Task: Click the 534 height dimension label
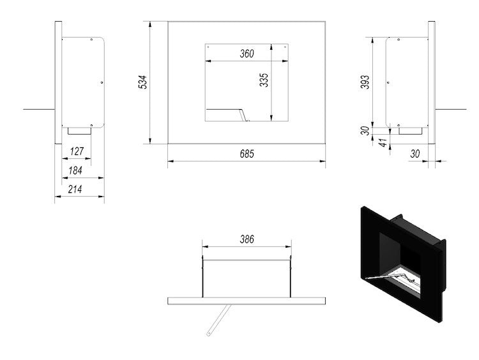coord(142,82)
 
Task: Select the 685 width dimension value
coord(247,154)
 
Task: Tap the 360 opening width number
coord(247,54)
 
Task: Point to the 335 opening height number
coord(264,80)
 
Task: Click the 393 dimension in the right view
coord(365,82)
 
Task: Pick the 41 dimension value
coord(383,142)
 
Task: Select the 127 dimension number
coord(77,151)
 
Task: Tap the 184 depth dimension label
coord(75,170)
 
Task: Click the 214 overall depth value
coord(75,190)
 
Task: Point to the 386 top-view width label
coord(247,239)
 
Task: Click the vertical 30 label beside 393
coord(365,131)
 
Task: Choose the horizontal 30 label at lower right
coord(415,154)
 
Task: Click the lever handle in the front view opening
coord(227,114)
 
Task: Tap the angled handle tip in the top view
coord(209,334)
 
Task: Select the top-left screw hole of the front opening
coord(208,47)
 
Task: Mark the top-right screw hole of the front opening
coord(285,47)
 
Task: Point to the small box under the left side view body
coord(79,131)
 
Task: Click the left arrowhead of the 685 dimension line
coord(171,161)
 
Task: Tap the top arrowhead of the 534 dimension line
coord(149,24)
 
